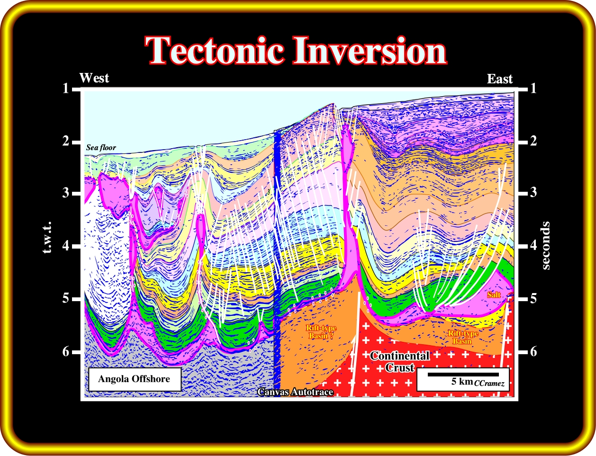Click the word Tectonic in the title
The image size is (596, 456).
tap(214, 51)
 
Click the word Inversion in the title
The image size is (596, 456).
tap(370, 51)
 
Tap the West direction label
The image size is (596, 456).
tap(94, 78)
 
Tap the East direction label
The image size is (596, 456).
tap(499, 79)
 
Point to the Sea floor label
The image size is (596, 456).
tap(101, 148)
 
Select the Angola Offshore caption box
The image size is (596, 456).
tap(135, 379)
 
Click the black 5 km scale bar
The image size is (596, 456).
tap(463, 375)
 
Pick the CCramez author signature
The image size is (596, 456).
tap(489, 384)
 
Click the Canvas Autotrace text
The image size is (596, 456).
tap(295, 392)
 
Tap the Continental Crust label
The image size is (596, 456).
tap(399, 362)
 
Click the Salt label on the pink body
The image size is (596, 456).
tap(494, 295)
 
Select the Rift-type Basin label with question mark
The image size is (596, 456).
tap(321, 332)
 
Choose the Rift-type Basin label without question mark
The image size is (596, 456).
tap(463, 337)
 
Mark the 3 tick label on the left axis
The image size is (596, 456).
tap(65, 193)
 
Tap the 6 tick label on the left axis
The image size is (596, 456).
tap(65, 351)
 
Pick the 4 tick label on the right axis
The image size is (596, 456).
tap(533, 245)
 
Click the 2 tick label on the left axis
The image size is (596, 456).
tap(65, 141)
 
